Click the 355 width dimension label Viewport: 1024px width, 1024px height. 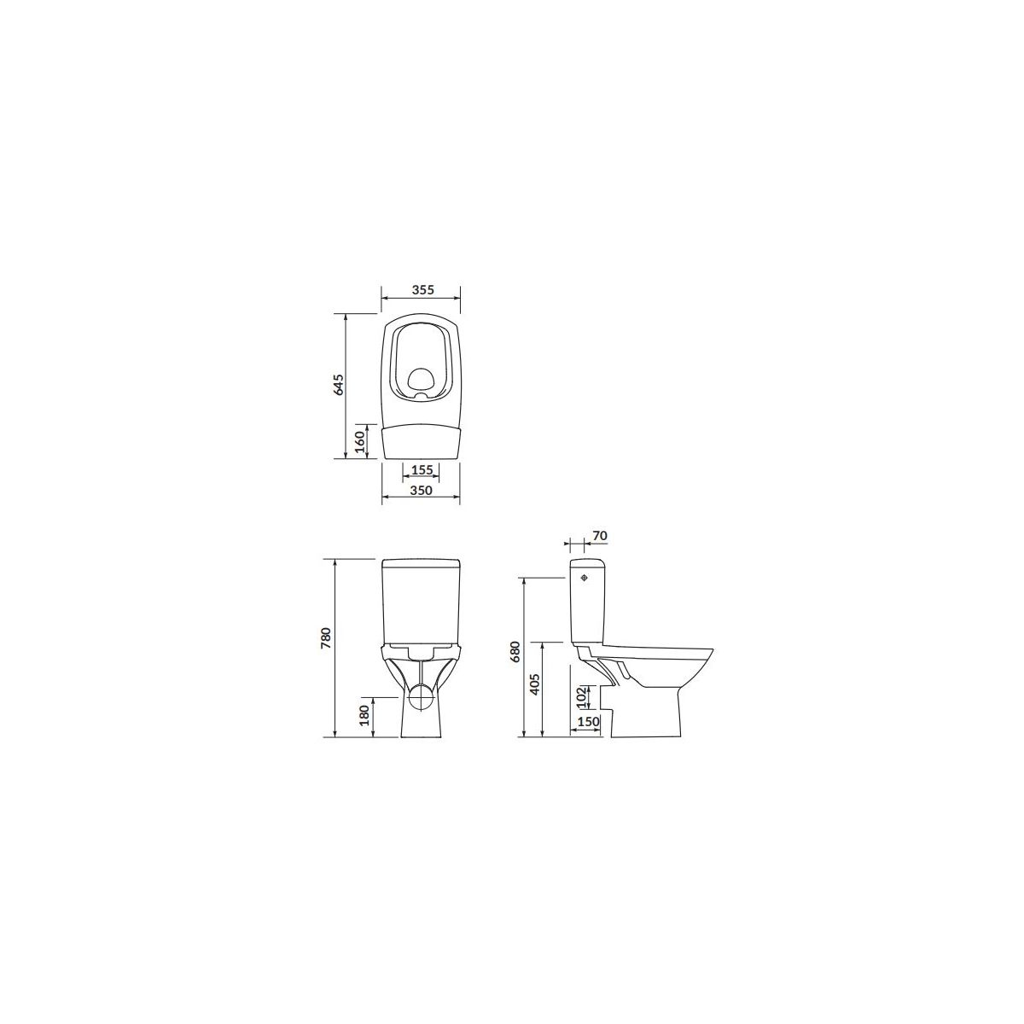tap(423, 289)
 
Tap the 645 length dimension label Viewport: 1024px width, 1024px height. tap(339, 384)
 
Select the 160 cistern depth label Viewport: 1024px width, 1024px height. tap(360, 441)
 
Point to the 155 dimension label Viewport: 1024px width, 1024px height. tap(422, 469)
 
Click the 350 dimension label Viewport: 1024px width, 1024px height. tap(422, 490)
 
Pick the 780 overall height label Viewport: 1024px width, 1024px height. tap(326, 637)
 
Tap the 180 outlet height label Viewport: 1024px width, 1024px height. tap(364, 715)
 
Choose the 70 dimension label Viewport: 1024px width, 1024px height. tap(599, 536)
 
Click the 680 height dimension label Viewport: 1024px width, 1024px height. tap(515, 651)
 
